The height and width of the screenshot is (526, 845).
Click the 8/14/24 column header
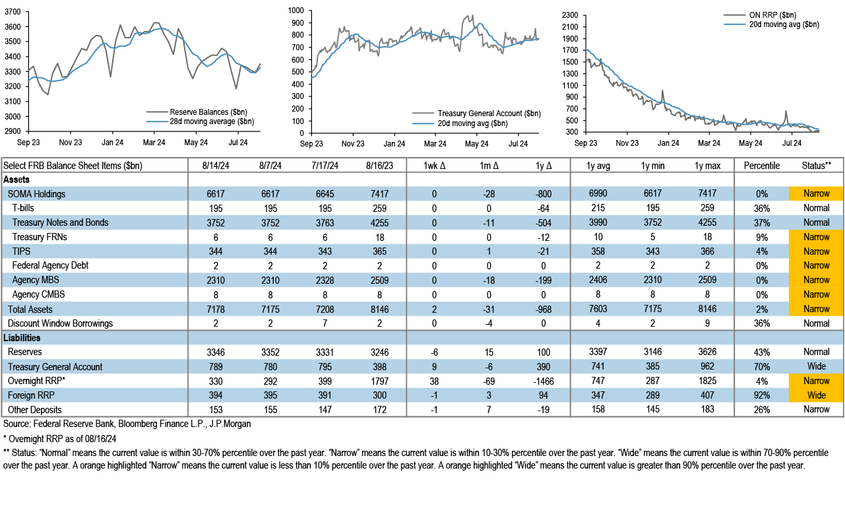click(218, 165)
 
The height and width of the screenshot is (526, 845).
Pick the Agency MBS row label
click(36, 280)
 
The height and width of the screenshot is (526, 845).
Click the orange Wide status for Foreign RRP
click(816, 395)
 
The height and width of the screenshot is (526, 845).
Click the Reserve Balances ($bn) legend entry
click(208, 112)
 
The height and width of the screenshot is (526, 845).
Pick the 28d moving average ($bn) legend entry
click(212, 121)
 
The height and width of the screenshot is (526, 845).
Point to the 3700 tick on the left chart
click(11, 13)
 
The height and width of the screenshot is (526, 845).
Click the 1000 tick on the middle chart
click(296, 11)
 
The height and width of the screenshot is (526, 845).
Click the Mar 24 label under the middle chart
click(435, 143)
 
